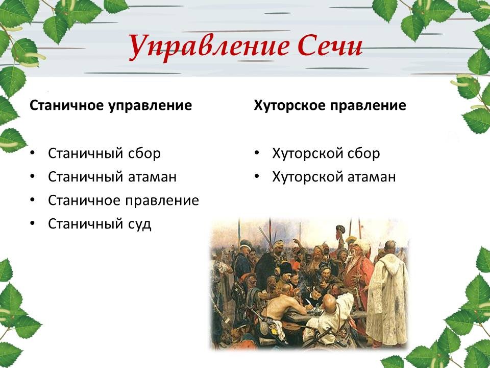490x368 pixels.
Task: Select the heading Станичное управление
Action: tap(111, 106)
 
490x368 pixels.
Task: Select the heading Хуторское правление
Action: tap(330, 106)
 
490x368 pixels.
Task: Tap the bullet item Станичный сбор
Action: tap(104, 153)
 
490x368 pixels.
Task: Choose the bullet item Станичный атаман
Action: tap(112, 177)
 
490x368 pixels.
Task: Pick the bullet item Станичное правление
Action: tap(124, 200)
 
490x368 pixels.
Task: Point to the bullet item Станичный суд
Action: tap(100, 224)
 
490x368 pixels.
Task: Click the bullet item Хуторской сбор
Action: tap(326, 153)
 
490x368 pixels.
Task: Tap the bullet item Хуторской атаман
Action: tap(334, 177)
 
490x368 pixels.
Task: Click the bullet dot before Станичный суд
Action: tap(33, 223)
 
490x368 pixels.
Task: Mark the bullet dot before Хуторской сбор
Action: tap(257, 153)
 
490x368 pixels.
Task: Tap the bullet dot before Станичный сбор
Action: tap(33, 153)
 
